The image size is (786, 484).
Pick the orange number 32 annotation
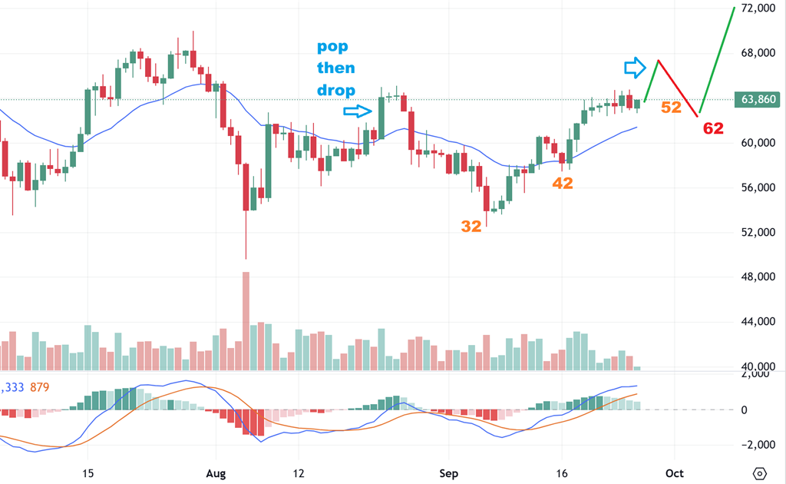pos(472,226)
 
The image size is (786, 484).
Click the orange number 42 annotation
pos(563,183)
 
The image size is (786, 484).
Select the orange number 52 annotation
pos(671,108)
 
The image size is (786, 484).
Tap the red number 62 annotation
pos(713,128)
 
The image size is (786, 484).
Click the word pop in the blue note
pos(332,47)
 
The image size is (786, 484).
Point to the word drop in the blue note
pos(336,91)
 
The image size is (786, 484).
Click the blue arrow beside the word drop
pos(358,111)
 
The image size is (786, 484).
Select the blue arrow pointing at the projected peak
pos(635,68)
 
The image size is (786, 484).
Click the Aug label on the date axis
pos(217,473)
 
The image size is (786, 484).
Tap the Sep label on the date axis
pos(449,473)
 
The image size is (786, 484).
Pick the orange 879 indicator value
pos(38,387)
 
